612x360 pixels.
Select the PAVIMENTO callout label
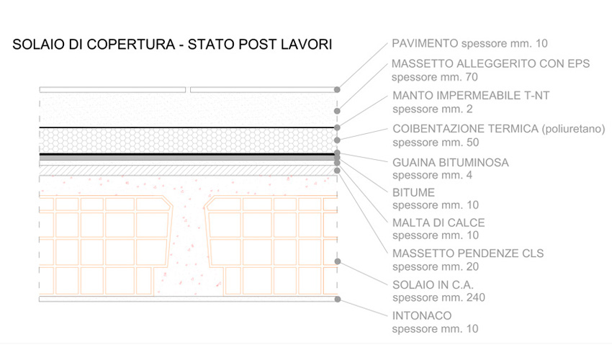(x=425, y=43)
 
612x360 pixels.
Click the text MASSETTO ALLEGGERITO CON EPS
(x=490, y=63)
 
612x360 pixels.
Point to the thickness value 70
(x=472, y=77)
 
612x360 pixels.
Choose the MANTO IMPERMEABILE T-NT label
(x=471, y=95)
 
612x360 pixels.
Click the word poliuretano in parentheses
(x=573, y=129)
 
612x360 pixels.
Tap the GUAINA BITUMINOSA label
(x=451, y=163)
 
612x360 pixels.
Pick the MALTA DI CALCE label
(x=438, y=222)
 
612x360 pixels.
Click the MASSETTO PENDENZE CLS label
(x=468, y=253)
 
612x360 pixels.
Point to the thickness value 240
(x=475, y=297)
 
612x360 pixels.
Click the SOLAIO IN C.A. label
(x=433, y=285)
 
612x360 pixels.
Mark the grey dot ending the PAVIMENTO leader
(x=337, y=89)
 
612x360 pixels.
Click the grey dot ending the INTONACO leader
(x=338, y=299)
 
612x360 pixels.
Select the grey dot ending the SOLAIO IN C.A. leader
(x=338, y=261)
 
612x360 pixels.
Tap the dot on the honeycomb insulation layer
(x=337, y=140)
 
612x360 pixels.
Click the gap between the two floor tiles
(x=188, y=90)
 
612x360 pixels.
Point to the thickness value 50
(x=472, y=143)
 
